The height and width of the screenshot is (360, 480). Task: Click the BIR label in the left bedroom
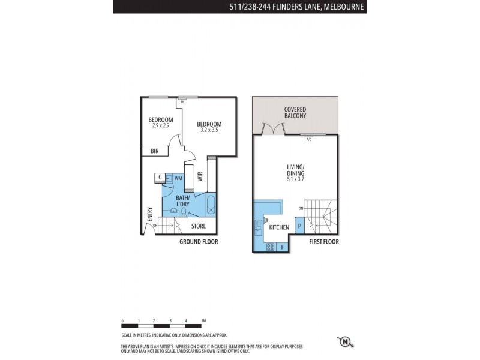[154, 152]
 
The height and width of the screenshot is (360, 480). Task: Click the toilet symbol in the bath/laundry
[173, 211]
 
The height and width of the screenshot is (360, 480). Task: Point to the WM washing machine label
[178, 178]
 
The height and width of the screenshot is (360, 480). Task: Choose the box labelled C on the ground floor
[160, 178]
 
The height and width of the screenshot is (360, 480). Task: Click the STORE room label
[199, 226]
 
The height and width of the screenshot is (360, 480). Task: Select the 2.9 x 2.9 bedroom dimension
[160, 125]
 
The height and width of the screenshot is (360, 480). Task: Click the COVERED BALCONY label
[296, 113]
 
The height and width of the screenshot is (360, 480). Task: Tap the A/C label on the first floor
[309, 139]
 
